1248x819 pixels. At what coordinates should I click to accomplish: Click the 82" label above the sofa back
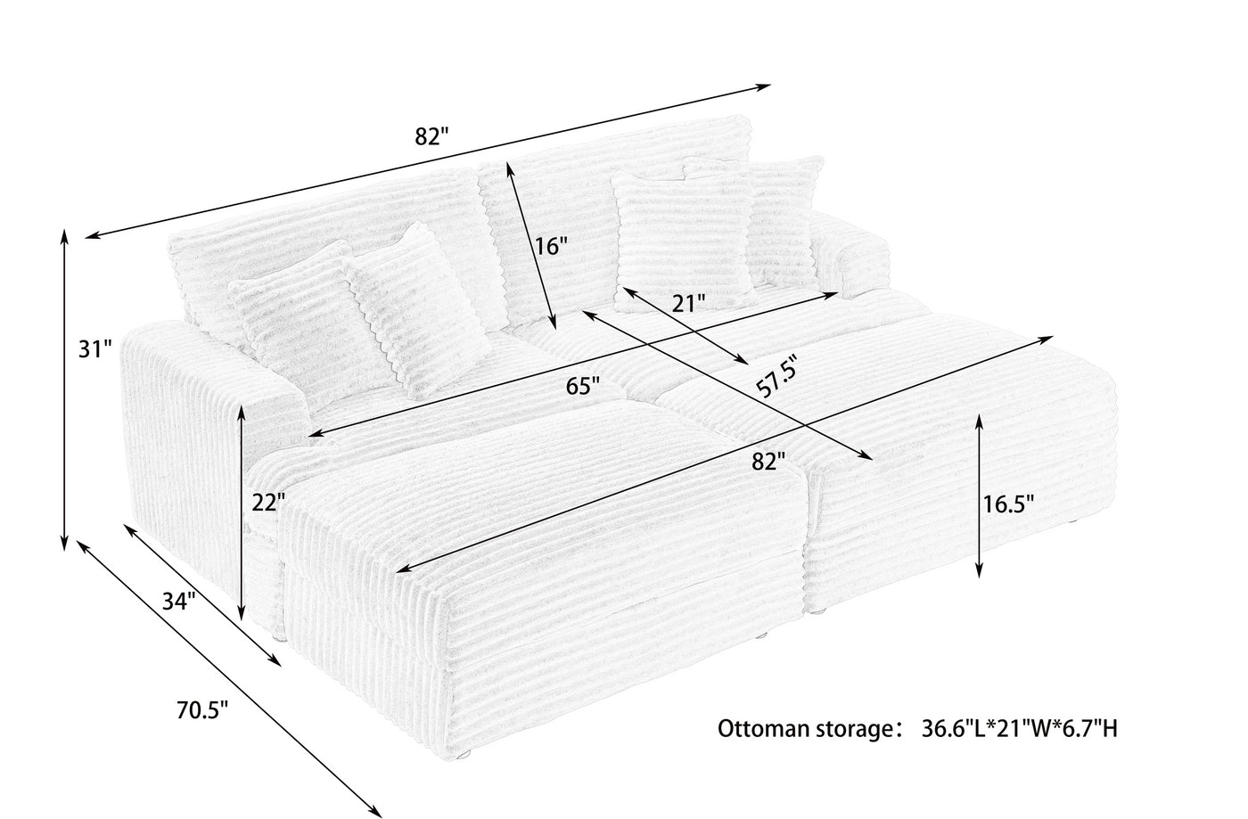[x=431, y=136]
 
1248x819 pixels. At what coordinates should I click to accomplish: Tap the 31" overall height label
[x=95, y=350]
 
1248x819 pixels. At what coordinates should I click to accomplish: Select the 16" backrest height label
[x=551, y=246]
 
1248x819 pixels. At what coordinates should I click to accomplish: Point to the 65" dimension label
[x=583, y=386]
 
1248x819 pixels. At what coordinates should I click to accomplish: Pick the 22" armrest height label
[x=268, y=503]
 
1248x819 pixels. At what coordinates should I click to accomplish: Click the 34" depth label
[x=179, y=602]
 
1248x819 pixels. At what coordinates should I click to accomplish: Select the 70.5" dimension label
[x=202, y=710]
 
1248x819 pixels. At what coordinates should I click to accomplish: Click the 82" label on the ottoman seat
[x=768, y=462]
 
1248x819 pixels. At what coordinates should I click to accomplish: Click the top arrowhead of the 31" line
[x=64, y=231]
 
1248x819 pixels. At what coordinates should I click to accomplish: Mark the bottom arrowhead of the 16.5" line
[x=979, y=575]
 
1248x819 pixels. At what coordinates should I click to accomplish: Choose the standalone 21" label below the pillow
[x=688, y=304]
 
